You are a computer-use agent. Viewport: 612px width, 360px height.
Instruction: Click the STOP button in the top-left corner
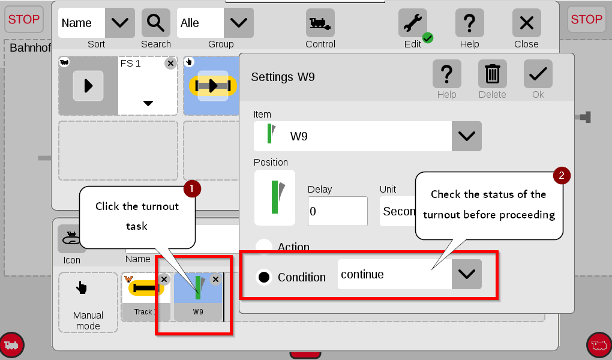coord(24,19)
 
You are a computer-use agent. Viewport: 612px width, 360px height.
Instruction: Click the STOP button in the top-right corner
coord(586,19)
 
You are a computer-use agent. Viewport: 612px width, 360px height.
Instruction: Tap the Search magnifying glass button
coord(156,23)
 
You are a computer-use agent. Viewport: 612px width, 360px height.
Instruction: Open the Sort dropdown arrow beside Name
coord(120,23)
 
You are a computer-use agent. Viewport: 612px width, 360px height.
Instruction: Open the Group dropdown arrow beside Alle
coord(238,23)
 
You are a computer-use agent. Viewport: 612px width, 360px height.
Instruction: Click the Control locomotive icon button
coord(320,23)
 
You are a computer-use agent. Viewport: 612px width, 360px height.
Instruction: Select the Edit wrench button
coord(413,23)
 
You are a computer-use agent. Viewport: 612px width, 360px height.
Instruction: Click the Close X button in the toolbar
coord(527,23)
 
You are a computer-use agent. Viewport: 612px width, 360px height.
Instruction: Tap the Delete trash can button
coord(492,74)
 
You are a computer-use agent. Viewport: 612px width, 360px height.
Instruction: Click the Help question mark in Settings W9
coord(446,74)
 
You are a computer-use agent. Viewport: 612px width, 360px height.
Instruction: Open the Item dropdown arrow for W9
coord(466,136)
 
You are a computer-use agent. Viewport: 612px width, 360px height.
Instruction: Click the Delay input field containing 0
coord(338,211)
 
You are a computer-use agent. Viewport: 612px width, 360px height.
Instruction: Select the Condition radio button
coord(264,277)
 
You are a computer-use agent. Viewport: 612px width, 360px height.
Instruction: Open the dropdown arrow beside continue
coord(466,274)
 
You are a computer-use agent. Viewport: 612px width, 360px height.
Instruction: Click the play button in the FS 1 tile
coord(88,86)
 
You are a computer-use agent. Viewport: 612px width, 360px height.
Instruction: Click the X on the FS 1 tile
coord(170,63)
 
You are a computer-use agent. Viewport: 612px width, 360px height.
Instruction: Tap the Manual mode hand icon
coord(82,288)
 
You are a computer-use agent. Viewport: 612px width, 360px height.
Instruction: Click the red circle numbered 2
coord(562,175)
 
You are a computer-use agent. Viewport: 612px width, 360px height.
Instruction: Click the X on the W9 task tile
coord(215,279)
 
